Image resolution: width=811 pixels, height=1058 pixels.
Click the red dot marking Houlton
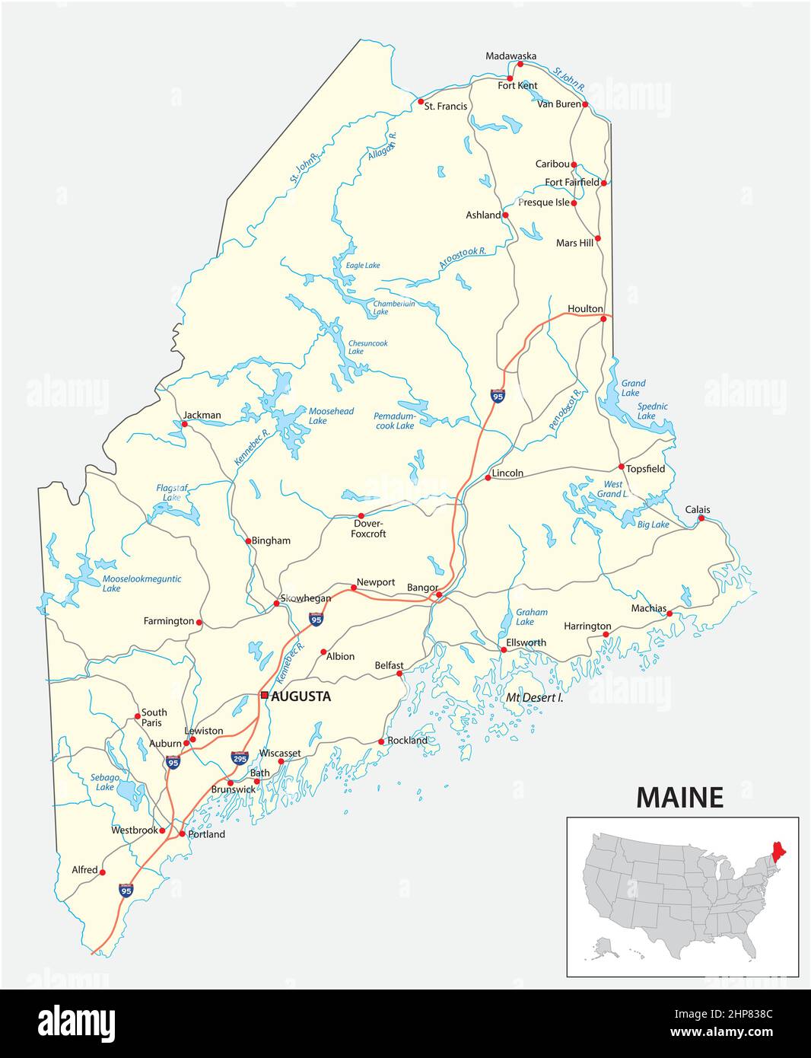pos(603,319)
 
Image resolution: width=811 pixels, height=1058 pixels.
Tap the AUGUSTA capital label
pos(301,696)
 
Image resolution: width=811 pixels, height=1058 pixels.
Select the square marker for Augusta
pos(264,695)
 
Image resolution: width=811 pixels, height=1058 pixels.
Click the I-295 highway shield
pos(240,757)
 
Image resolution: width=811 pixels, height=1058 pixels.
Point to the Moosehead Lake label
pos(331,416)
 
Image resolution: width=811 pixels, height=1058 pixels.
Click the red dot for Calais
pos(701,519)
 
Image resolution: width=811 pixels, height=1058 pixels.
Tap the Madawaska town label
pos(510,56)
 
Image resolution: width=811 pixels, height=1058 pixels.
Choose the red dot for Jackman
pos(184,424)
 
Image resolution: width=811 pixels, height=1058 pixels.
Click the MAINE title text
pos(679,797)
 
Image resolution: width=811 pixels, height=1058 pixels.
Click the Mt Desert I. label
pos(535,697)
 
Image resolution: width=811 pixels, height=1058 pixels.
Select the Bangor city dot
pos(439,595)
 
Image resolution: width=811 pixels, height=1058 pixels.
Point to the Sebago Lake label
pos(105,782)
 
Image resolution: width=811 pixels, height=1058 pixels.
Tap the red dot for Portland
pos(182,834)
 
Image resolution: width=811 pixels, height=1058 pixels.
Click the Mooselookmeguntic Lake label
pos(142,583)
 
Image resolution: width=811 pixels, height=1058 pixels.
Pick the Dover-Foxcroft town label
pos(368,528)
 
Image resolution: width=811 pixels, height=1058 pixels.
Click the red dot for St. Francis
pos(420,101)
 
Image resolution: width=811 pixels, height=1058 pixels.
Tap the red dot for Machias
pos(669,613)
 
